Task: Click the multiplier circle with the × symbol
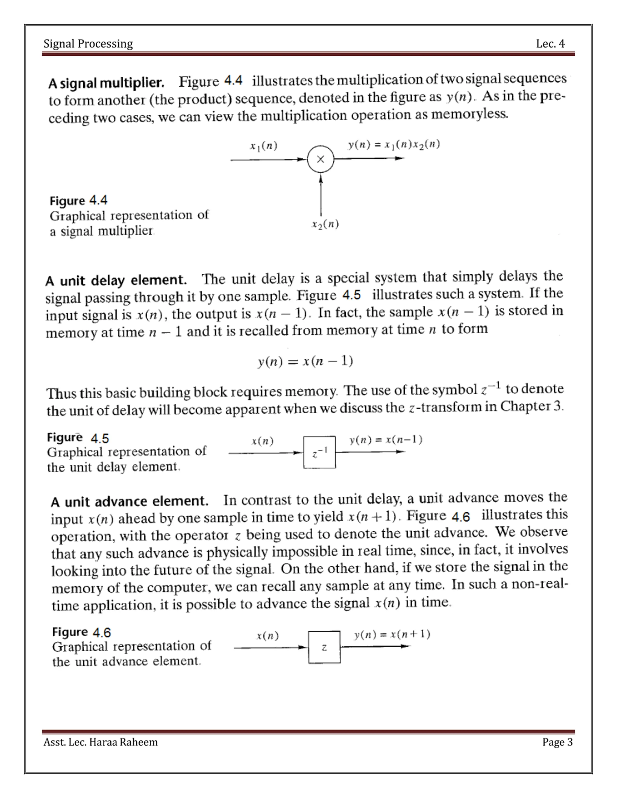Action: coord(321,159)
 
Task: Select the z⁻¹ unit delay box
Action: coord(319,452)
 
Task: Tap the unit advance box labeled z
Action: coord(324,647)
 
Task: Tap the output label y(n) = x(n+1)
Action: coord(392,634)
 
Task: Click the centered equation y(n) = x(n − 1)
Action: coord(305,361)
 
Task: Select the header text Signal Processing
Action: coord(88,44)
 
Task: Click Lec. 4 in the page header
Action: coord(550,44)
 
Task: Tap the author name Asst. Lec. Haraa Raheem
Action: coord(101,742)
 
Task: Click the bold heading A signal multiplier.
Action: coord(106,83)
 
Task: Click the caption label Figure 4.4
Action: coord(79,201)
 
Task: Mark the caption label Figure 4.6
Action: coord(81,632)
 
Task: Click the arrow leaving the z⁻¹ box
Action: coord(370,452)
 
